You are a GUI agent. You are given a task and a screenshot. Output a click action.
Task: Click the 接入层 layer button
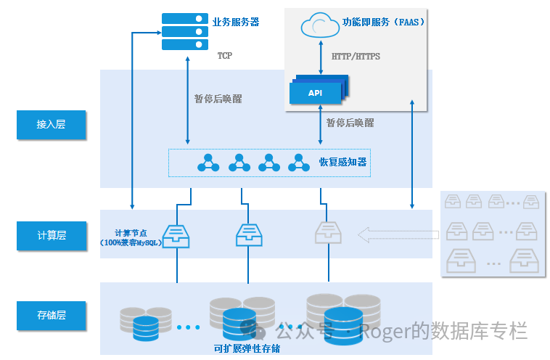click(51, 125)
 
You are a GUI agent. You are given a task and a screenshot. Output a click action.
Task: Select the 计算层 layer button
click(51, 235)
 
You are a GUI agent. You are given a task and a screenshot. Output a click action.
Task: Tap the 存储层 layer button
click(51, 315)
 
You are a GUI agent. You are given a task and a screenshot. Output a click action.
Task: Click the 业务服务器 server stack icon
click(180, 31)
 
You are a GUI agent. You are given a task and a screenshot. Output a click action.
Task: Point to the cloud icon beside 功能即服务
click(320, 25)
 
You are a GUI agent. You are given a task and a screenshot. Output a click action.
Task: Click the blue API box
click(316, 93)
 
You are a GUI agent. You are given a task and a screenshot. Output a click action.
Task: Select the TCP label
click(224, 56)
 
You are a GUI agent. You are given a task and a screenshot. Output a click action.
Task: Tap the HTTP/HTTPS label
click(356, 56)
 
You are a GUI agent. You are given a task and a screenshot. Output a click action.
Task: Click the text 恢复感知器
click(342, 162)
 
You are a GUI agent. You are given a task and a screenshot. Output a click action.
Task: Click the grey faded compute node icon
click(328, 234)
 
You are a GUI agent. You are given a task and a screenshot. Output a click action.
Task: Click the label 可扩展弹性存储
click(247, 348)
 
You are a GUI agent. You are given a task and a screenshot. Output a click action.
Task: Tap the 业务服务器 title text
click(236, 22)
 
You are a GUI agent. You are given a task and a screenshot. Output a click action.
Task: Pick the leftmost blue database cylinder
click(146, 328)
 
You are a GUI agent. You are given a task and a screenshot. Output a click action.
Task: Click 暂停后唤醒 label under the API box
click(350, 123)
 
